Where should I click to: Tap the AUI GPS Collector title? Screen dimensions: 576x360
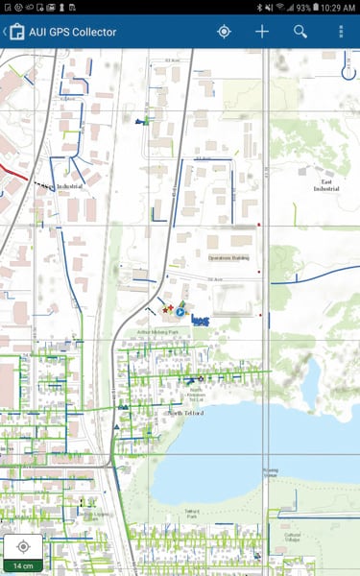coord(73,32)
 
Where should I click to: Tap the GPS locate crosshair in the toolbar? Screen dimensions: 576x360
coord(224,32)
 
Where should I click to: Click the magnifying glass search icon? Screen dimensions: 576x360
coord(300,32)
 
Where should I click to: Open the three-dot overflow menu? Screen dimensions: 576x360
coord(340,32)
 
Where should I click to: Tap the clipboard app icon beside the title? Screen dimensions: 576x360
coord(16,32)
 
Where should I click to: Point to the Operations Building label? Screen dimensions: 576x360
coord(228,257)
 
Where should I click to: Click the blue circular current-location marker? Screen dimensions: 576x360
coord(180,312)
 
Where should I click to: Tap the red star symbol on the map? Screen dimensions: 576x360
coord(170,308)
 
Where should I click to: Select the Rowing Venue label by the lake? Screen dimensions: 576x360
coord(272,472)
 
